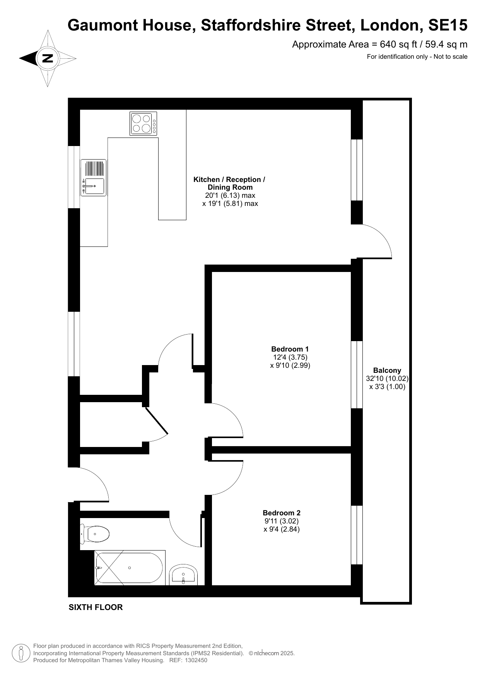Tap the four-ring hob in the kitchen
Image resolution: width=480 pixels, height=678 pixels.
point(143,123)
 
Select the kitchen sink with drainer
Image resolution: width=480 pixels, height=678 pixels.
point(93,177)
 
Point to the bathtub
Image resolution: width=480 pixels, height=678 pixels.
point(130,568)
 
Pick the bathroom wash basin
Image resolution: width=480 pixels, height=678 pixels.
point(183,575)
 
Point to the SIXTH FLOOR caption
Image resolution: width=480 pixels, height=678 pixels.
point(96,607)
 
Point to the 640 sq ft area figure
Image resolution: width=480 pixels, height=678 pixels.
point(397,44)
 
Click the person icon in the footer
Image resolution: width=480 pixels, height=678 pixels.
point(21,653)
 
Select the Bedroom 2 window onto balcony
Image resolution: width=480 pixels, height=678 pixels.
point(357,535)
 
